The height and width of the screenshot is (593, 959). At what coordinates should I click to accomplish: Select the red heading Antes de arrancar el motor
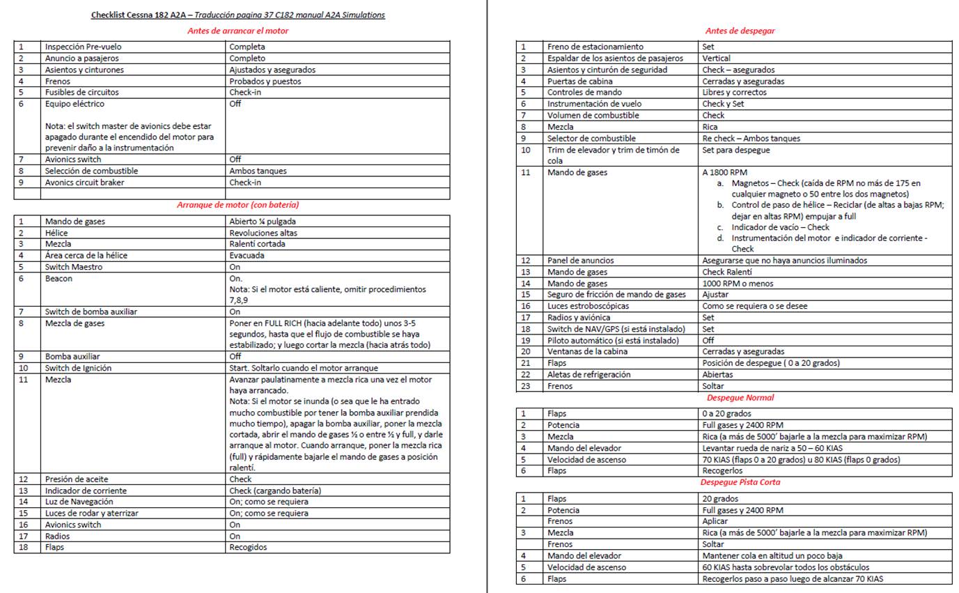pos(237,31)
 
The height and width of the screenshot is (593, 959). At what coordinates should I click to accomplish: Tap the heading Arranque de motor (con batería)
pos(237,205)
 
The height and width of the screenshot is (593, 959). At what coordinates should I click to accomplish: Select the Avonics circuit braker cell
pos(86,183)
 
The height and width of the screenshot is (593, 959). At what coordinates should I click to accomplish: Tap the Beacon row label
pos(59,279)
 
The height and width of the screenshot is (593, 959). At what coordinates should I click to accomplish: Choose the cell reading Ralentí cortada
pos(257,244)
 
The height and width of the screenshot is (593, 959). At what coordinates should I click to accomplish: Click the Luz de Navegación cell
pos(79,502)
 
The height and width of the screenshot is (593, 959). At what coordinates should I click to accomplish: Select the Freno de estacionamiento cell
pos(595,47)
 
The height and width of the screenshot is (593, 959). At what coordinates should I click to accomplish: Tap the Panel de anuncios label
pos(581,261)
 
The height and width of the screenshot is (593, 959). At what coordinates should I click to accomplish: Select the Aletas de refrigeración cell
pos(588,374)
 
